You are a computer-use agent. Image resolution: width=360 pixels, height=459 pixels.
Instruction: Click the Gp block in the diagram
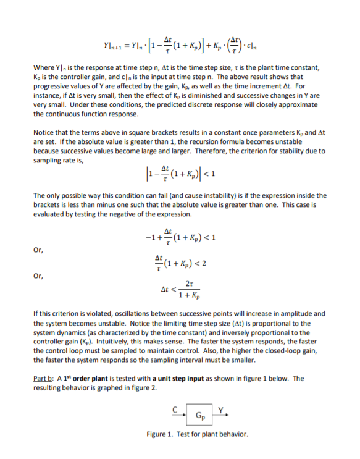193,415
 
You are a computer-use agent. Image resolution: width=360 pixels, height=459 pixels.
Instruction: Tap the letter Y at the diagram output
212,408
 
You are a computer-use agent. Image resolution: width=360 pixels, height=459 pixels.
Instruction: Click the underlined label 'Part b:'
45,379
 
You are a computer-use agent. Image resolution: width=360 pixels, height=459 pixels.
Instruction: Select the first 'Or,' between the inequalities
38,250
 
